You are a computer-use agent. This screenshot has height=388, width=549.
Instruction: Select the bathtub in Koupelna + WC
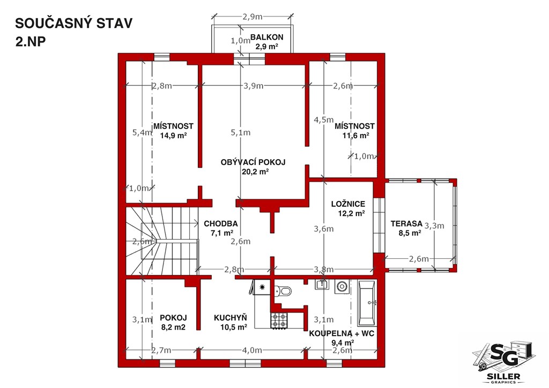tap(367, 303)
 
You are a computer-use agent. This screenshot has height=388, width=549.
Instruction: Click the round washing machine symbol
tap(342, 287)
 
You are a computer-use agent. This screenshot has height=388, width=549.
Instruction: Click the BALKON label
tap(267, 37)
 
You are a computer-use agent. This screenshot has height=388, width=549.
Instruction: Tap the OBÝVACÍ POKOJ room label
tap(253, 162)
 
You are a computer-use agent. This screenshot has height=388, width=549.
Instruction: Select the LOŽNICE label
tap(348, 204)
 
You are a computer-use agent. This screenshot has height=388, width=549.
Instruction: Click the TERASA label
tap(406, 223)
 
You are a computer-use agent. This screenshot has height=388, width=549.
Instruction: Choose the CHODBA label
tap(221, 223)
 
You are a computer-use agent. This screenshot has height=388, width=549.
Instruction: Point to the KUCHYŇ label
tap(231, 317)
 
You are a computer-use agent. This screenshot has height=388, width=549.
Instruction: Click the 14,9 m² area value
tap(173, 136)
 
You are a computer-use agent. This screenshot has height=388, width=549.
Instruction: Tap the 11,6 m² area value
tap(356, 136)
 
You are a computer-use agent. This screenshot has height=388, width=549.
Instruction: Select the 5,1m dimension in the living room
tap(241, 132)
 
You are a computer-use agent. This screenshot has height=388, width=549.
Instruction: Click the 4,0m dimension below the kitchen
tap(252, 350)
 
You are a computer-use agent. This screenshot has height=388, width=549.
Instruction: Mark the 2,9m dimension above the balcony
tap(252, 17)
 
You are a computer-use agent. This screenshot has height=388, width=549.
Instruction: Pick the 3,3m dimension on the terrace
tap(434, 226)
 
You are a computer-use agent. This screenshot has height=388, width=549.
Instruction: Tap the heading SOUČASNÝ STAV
tap(74, 23)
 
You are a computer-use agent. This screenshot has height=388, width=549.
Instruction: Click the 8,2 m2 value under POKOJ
tap(173, 327)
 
